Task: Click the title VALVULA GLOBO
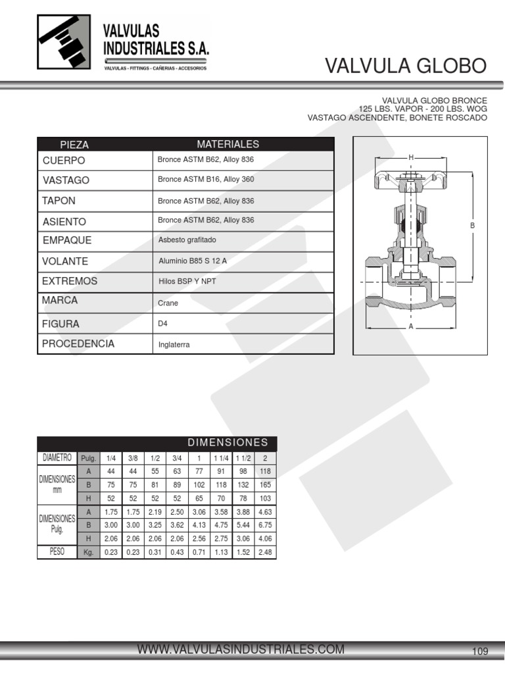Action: coord(406,66)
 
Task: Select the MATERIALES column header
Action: coord(228,144)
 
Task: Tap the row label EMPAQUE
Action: coord(67,240)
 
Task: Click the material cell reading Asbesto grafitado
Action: coord(187,240)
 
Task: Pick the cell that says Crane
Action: coord(168,303)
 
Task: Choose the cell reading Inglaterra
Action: coord(174,344)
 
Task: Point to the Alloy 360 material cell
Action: coord(206,179)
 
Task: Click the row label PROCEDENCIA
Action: coord(78,344)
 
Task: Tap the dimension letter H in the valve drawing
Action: coord(411,157)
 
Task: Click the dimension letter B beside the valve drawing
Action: coord(472,226)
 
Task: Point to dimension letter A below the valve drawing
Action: coord(411,326)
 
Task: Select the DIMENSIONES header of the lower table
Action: coord(228,442)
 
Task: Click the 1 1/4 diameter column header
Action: coord(220,458)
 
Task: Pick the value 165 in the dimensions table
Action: coord(265,484)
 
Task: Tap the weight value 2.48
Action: coord(265,552)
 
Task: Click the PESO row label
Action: coord(57,552)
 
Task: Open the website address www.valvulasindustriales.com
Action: coord(241,650)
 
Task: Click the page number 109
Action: coord(480,652)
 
